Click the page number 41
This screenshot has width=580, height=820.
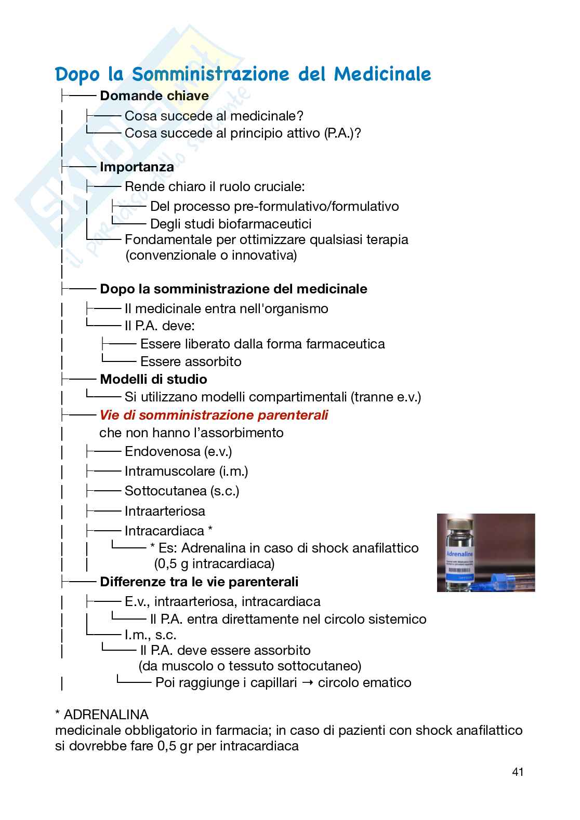[517, 771]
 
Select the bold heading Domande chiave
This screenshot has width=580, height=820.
[154, 96]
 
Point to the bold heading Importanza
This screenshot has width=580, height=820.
[137, 167]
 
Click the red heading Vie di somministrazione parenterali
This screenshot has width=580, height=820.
[214, 415]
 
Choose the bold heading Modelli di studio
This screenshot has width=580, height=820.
[153, 379]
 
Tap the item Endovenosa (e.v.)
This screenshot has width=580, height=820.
[178, 452]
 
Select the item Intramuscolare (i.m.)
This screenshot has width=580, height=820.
[186, 471]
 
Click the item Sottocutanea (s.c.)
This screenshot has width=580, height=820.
[182, 491]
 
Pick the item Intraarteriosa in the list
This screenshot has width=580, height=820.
[165, 511]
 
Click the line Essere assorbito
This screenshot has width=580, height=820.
[191, 361]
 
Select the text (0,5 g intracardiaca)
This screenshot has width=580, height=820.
[214, 563]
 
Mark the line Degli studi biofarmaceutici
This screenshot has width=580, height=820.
[231, 224]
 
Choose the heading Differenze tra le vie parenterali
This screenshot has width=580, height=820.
[199, 582]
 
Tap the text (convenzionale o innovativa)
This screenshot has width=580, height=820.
[211, 255]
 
